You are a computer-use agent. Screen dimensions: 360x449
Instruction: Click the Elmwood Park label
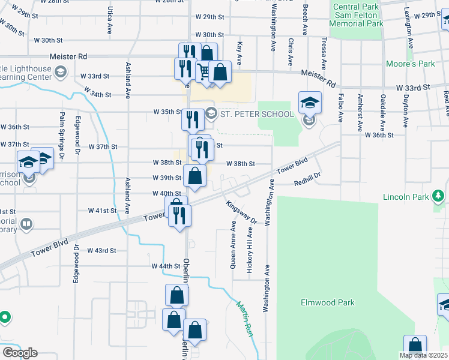[328, 303]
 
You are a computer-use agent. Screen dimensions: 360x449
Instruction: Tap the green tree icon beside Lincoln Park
[439, 196]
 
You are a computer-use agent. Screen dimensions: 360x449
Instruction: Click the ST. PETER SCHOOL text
[257, 114]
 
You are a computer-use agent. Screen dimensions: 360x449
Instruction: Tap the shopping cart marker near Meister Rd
[203, 72]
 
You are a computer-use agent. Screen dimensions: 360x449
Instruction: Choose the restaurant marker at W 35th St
[193, 120]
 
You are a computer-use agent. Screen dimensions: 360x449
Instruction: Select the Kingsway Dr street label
[242, 212]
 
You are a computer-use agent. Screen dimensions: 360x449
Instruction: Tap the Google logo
[20, 352]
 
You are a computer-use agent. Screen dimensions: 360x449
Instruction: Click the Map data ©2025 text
[423, 355]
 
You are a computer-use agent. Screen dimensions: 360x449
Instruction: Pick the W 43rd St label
[101, 250]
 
